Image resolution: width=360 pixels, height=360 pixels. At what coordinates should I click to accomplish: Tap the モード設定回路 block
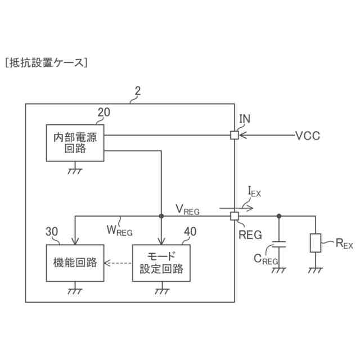click(161, 262)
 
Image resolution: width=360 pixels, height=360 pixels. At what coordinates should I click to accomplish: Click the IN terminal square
click(234, 135)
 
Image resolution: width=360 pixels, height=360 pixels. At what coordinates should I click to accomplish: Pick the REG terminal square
click(234, 216)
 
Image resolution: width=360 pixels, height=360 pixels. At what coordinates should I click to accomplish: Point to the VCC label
click(308, 136)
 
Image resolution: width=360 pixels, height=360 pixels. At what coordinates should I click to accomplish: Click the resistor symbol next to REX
click(315, 243)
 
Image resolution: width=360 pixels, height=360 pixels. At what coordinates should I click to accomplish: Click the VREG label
click(187, 210)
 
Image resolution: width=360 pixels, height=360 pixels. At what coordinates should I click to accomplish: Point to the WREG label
click(119, 229)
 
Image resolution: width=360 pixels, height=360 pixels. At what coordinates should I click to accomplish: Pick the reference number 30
click(52, 232)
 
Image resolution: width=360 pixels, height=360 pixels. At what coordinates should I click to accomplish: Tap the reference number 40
click(191, 231)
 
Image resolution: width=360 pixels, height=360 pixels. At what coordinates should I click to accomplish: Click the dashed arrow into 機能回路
click(119, 263)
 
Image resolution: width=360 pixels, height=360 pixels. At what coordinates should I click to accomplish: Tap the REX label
click(344, 244)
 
